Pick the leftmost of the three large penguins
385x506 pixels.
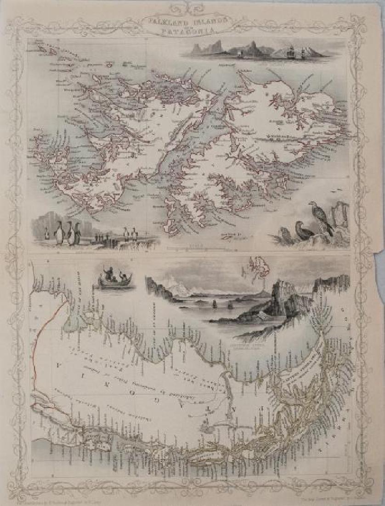pyautogui.click(x=59, y=232)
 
